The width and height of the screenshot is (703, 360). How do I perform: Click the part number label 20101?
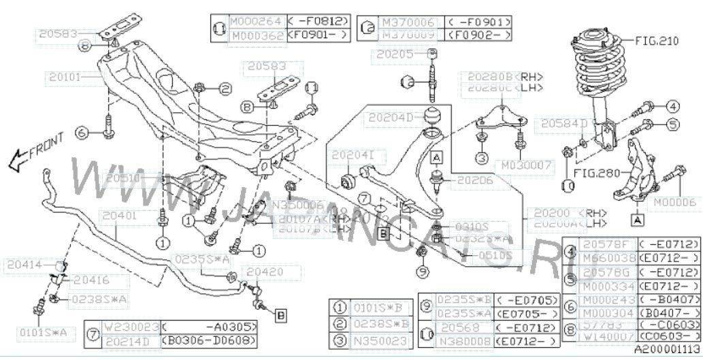(65, 78)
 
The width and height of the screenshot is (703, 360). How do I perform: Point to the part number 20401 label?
(120, 216)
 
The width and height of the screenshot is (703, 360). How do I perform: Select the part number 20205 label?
(389, 53)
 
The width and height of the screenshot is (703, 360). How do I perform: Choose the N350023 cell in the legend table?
(378, 340)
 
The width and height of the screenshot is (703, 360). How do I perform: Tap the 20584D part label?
(564, 123)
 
